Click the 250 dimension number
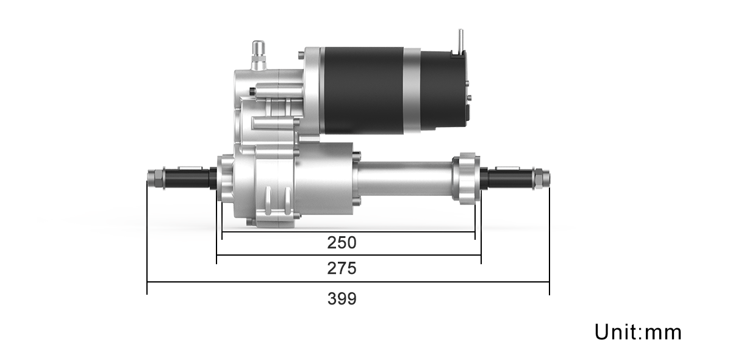(x=342, y=243)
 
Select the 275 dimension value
(x=342, y=268)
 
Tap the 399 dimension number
(x=342, y=298)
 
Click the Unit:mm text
(x=638, y=332)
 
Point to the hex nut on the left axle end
(x=155, y=178)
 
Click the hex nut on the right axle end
(x=542, y=178)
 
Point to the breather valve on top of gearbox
(x=259, y=56)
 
